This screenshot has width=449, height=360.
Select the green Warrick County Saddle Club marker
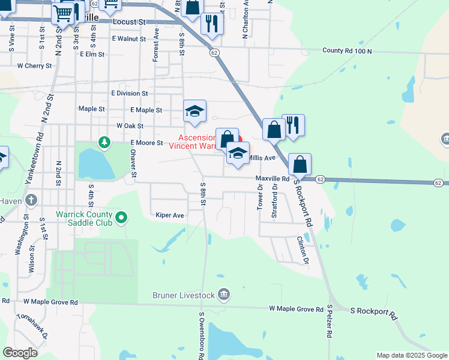click(x=122, y=217)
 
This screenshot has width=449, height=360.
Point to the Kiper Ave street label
click(x=169, y=215)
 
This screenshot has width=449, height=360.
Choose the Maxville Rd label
click(x=273, y=179)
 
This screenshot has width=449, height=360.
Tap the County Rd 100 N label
click(x=347, y=51)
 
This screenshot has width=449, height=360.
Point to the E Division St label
click(x=129, y=94)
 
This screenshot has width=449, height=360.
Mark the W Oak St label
click(x=130, y=126)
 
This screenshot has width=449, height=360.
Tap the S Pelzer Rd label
click(x=330, y=322)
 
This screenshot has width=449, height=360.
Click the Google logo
click(x=20, y=352)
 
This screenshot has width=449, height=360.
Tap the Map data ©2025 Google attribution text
click(x=411, y=355)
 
